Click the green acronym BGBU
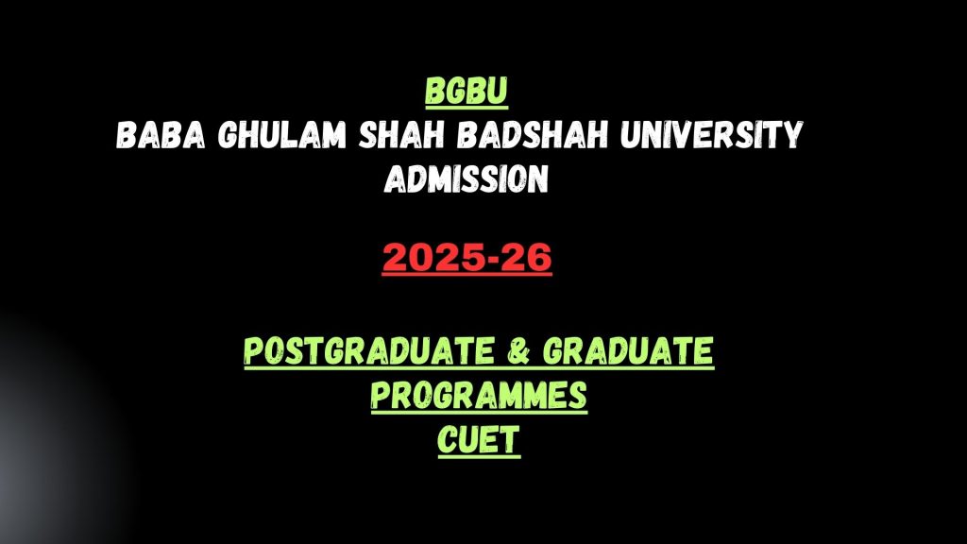(x=467, y=92)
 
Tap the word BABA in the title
(x=161, y=134)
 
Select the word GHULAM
(x=281, y=134)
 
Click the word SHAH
(x=401, y=134)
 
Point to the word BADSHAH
(x=533, y=134)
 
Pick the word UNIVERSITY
(x=712, y=134)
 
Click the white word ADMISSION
(x=467, y=178)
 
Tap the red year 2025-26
(x=467, y=257)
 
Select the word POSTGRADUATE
(x=369, y=350)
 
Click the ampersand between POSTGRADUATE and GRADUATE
(x=518, y=350)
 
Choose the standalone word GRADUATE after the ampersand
(x=628, y=350)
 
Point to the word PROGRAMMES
(x=479, y=395)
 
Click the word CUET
(x=479, y=440)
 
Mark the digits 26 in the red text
(x=528, y=257)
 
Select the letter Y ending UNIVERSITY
(x=793, y=134)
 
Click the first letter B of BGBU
(x=434, y=92)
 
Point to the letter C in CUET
(x=447, y=440)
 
